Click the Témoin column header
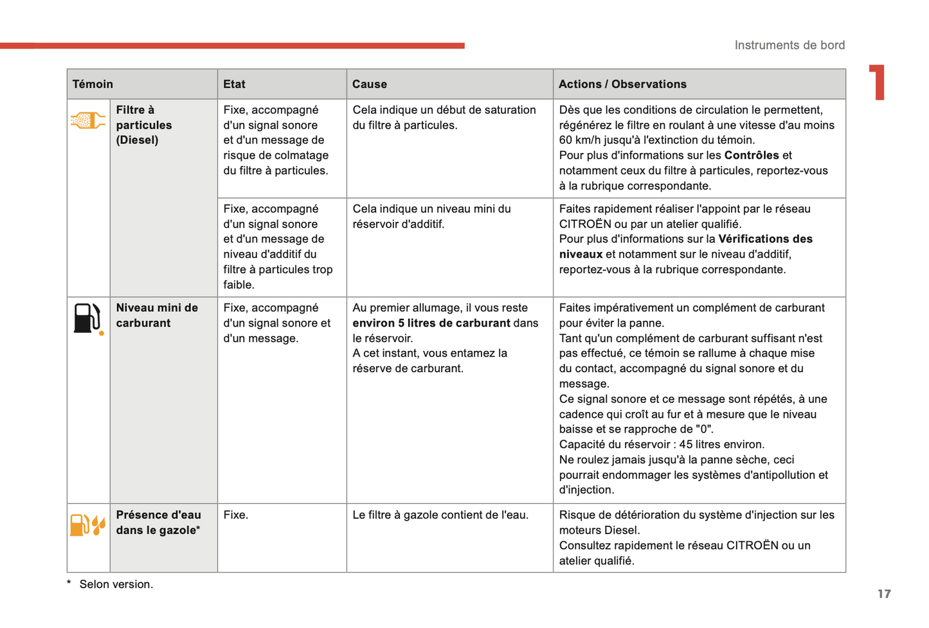(x=93, y=84)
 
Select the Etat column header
(x=234, y=84)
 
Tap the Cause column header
(x=370, y=84)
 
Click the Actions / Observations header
(x=622, y=84)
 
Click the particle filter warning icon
(x=87, y=120)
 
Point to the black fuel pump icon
(x=87, y=318)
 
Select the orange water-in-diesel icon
(x=87, y=525)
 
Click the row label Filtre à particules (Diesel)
(x=144, y=125)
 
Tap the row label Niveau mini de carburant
(x=157, y=315)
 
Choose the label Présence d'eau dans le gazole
(x=158, y=523)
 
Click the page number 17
(x=884, y=594)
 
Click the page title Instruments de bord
(x=789, y=45)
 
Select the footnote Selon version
(x=116, y=584)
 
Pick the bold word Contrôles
(x=752, y=155)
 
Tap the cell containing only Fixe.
(x=236, y=515)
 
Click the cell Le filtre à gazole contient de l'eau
(x=440, y=515)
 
